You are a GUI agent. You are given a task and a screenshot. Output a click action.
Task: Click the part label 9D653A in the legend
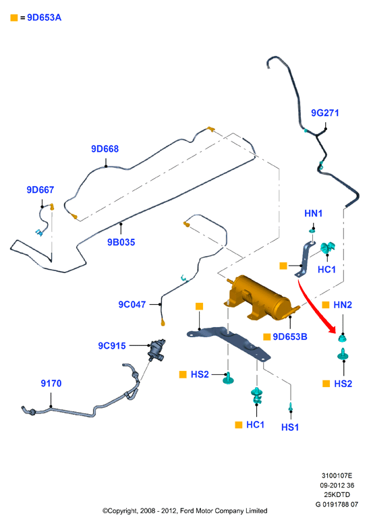coord(44,18)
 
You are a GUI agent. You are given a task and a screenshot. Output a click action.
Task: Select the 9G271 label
coord(325,113)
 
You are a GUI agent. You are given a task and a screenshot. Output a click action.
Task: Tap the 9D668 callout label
coord(105,149)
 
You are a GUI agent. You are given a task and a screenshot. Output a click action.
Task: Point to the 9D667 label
coord(40,190)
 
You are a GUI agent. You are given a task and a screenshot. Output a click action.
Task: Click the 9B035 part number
coord(121,242)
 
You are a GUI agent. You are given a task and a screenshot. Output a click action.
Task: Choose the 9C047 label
coord(132,304)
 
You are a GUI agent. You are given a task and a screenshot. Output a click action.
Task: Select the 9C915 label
coord(112,345)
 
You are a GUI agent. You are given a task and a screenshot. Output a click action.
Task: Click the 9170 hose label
coord(51,383)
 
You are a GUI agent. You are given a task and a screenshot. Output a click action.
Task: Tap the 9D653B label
coord(290,337)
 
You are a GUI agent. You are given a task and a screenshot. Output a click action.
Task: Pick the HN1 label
coord(313,213)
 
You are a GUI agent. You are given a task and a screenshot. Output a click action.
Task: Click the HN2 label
coord(343,305)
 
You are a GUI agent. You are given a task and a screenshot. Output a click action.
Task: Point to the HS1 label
coord(290,427)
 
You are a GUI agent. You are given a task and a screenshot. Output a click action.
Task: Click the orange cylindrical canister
coord(260,298)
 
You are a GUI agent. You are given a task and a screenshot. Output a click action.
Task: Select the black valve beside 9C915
coord(156,350)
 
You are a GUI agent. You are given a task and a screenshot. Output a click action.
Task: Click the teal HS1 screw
coord(291,407)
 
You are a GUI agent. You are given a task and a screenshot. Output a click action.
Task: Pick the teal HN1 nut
coord(312,231)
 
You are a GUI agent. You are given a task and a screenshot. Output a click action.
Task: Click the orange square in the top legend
coord(14,18)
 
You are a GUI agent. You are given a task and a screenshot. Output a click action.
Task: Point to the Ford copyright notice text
coord(185,511)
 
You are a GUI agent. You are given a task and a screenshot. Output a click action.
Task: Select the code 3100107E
coord(337,475)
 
